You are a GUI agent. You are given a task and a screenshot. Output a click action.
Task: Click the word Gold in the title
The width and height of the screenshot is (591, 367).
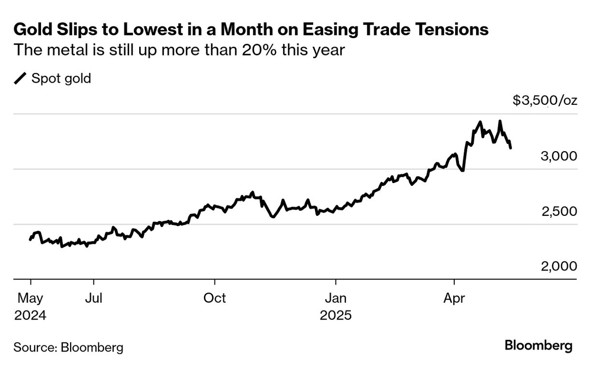pos(30,30)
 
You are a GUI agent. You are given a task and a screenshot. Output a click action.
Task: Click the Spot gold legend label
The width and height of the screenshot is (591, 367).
pos(61,78)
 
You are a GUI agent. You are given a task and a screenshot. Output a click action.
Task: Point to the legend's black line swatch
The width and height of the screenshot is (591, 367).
pos(21,78)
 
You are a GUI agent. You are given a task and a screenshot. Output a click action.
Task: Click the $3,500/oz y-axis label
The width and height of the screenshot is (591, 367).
pos(545,100)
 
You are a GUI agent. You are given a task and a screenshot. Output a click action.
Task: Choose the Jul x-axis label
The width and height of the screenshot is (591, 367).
pos(94,298)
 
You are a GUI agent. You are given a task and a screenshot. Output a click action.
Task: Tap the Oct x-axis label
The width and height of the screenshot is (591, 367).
pos(214,298)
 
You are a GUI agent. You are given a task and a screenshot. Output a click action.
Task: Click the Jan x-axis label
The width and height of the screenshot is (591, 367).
pos(335,298)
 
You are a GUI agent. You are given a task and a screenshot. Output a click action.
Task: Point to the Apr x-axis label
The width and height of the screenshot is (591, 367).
pos(454,298)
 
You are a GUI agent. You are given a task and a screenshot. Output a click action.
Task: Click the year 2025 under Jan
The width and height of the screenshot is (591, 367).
pos(335,316)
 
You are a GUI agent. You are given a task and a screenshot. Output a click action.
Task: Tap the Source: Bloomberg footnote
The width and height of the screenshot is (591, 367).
pos(68,347)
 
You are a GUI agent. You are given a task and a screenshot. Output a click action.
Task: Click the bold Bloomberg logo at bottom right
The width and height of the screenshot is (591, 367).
pos(538,346)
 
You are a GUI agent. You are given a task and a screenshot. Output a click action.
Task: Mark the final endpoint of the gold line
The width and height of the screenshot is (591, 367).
pos(511,148)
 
